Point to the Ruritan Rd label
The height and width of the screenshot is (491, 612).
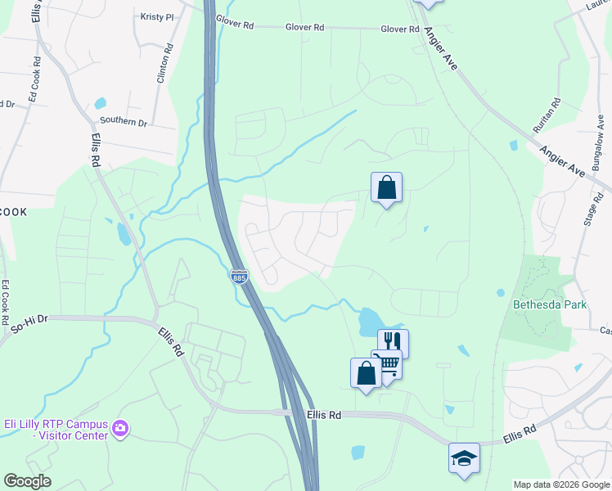[556, 115]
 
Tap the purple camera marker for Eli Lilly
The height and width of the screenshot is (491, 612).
[120, 428]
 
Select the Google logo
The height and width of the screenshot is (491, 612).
[26, 481]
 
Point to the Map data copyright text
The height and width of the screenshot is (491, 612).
[560, 484]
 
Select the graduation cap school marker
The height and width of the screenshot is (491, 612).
[464, 457]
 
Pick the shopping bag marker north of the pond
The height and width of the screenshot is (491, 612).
[386, 187]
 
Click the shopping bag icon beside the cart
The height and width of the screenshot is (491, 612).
[366, 372]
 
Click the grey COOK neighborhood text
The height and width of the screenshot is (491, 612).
[14, 212]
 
